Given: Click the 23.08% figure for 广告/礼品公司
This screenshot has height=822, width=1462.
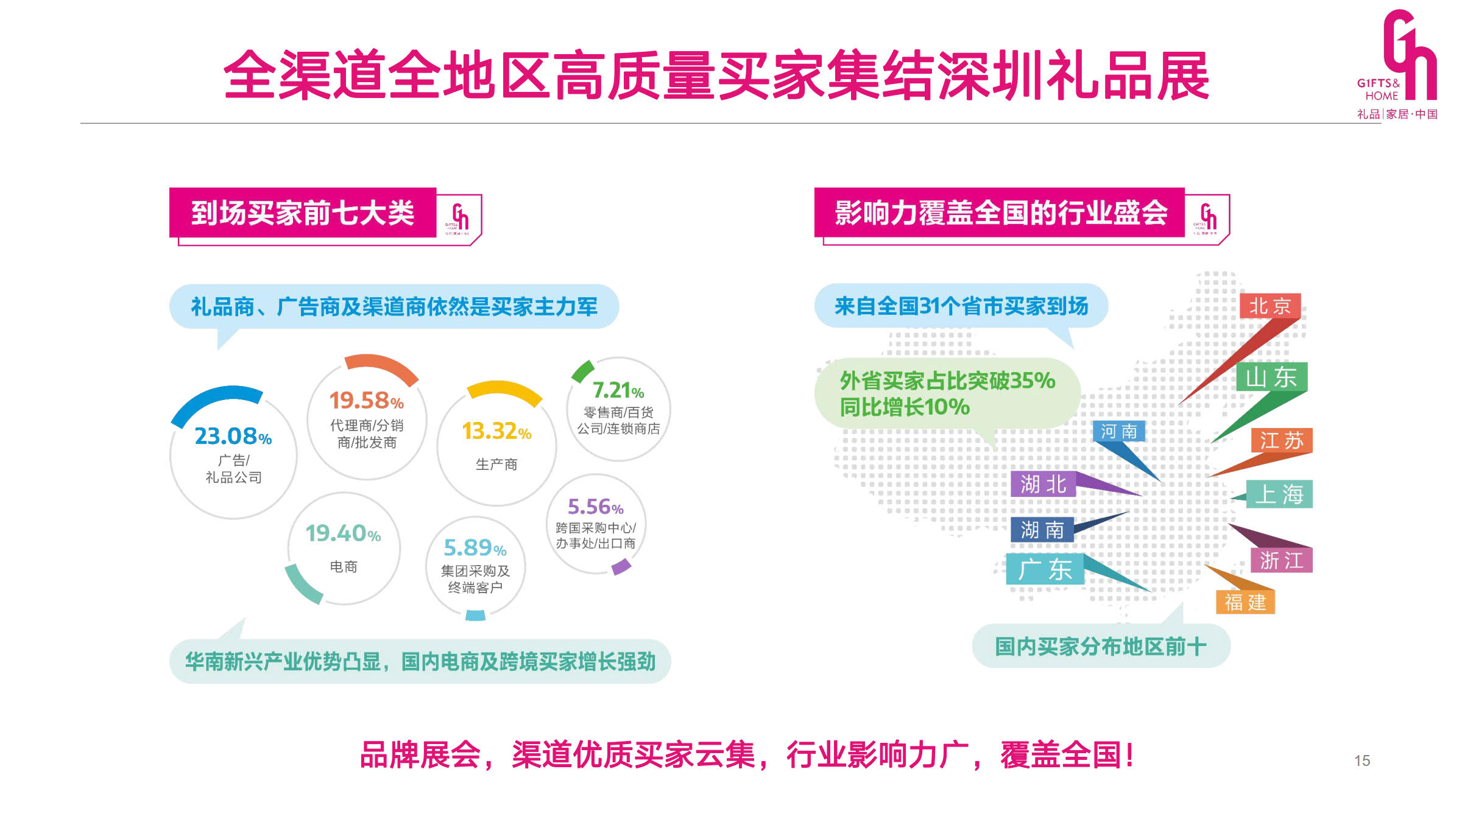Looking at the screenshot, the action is tap(233, 436).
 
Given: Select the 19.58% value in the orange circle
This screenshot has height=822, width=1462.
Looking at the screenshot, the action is tap(367, 400).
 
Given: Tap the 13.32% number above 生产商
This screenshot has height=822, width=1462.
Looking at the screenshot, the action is tap(496, 431).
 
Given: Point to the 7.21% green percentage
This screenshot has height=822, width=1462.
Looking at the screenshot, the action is tap(618, 390).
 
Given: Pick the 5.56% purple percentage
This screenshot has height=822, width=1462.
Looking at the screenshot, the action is tap(596, 507).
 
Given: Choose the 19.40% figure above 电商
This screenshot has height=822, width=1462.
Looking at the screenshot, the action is tap(343, 533).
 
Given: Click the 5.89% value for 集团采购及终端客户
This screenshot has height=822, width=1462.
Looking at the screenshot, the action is tap(475, 547).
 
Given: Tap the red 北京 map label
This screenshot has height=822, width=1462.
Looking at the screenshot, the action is tap(1270, 306).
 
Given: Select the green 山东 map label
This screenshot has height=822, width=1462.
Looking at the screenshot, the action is tap(1272, 377).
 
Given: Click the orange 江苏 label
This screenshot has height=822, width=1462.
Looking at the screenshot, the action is tap(1282, 440).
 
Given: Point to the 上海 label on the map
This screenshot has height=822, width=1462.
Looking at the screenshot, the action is tap(1279, 494).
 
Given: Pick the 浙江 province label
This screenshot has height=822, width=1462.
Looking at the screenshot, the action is tap(1282, 560).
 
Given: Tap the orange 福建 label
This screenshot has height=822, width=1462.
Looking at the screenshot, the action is tap(1245, 602).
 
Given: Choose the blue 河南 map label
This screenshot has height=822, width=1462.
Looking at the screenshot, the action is tap(1119, 431).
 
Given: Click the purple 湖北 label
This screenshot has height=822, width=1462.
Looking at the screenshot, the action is tap(1044, 484).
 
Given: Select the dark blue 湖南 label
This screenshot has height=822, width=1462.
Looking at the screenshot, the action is tap(1042, 529).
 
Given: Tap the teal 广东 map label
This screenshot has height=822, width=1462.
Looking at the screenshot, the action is tap(1045, 569).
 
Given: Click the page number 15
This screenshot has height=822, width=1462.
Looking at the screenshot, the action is tap(1362, 761).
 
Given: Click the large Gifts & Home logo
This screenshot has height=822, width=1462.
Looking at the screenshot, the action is tap(1397, 64).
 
